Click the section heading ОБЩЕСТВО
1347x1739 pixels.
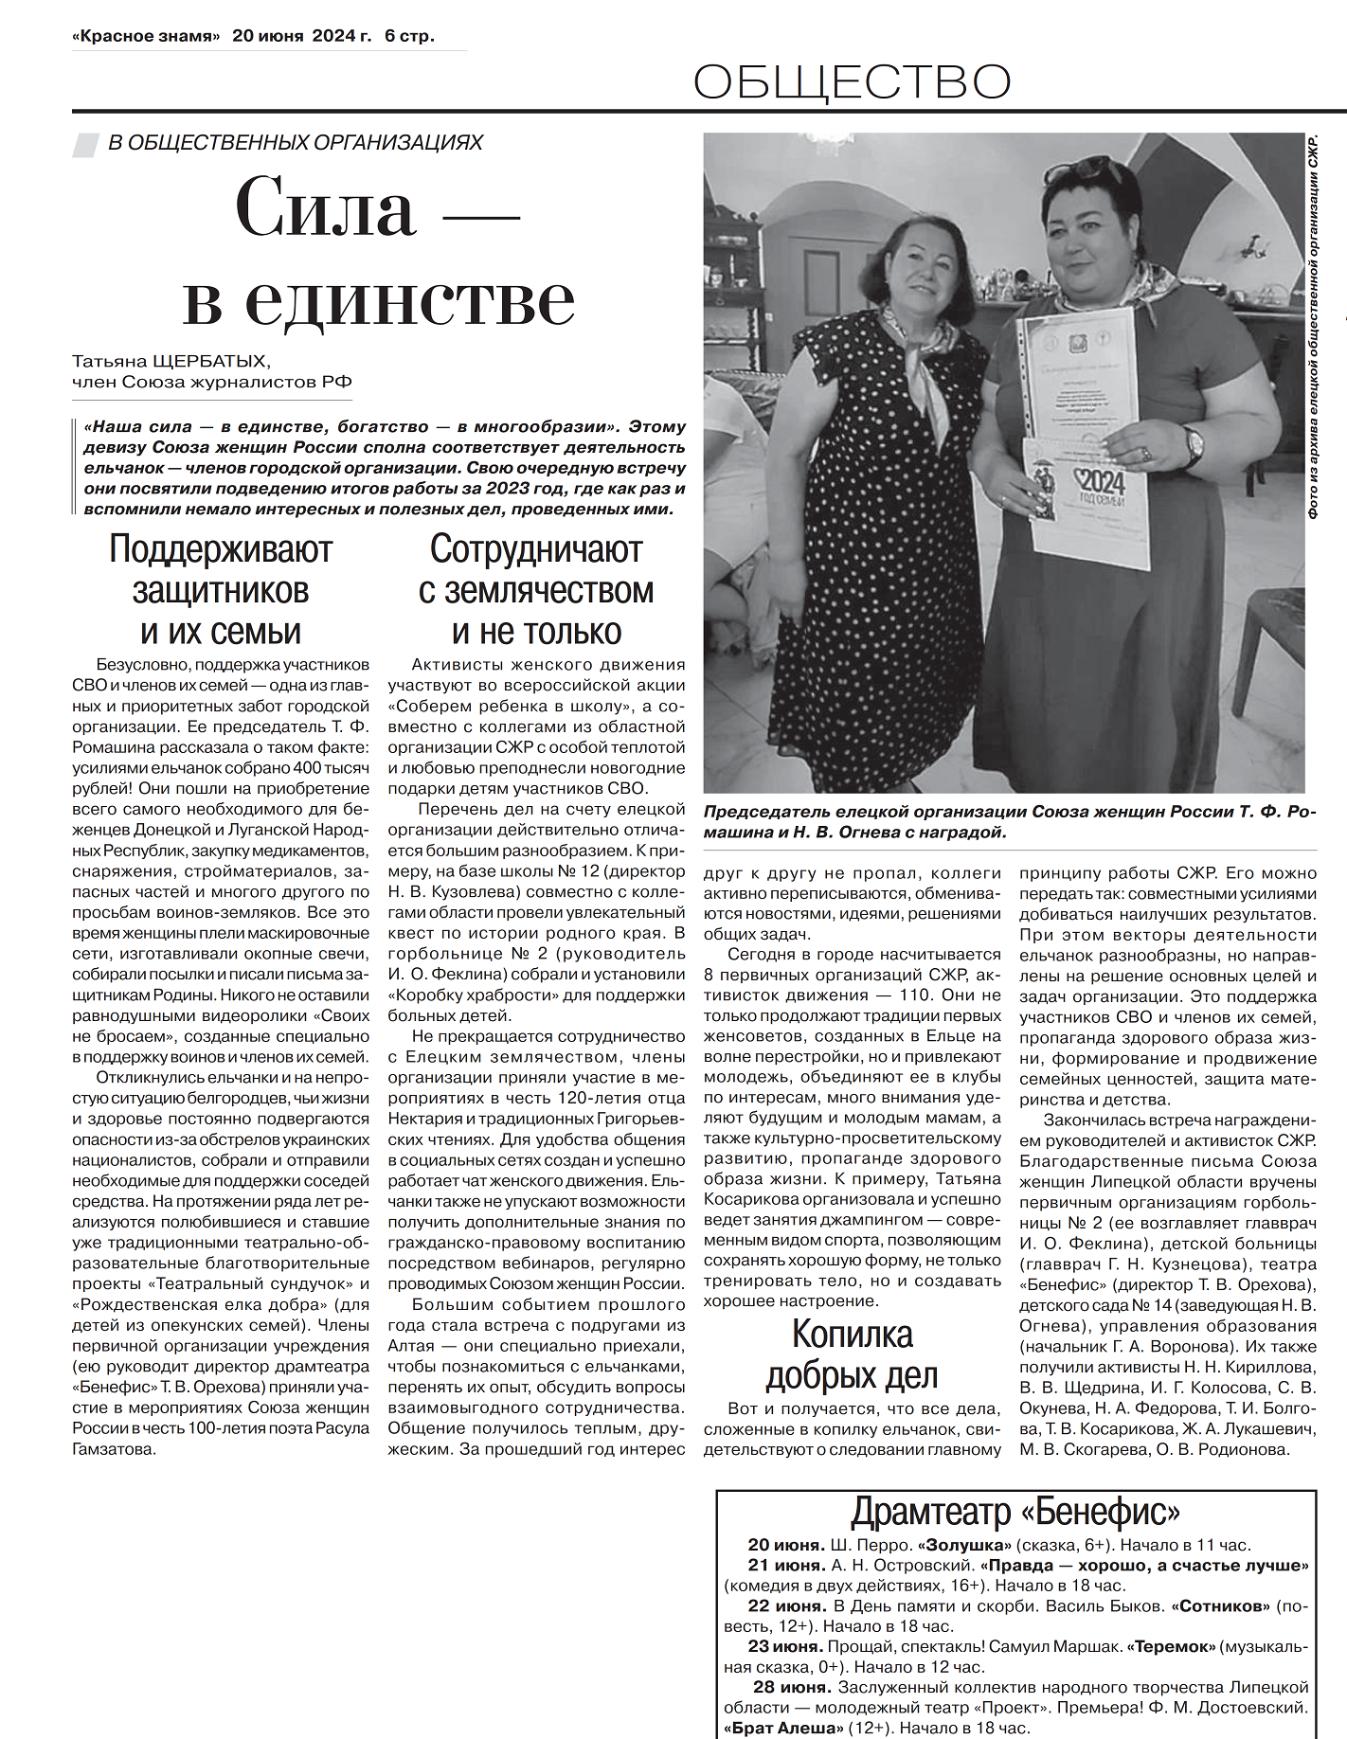[x=852, y=82]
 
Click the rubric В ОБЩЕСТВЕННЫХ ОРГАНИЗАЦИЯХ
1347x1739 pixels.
[x=296, y=142]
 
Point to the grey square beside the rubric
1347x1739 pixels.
[x=85, y=143]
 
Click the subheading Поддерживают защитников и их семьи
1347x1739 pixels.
[x=221, y=590]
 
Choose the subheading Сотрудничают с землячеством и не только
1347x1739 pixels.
[x=536, y=590]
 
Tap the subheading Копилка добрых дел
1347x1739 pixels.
[x=852, y=1354]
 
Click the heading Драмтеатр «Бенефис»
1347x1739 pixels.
[x=1015, y=1511]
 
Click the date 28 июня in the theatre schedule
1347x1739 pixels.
[x=792, y=1687]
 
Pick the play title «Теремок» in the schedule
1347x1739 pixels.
[x=1171, y=1646]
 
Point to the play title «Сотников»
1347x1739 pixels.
[x=1221, y=1605]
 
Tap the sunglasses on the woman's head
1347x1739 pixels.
[x=1083, y=169]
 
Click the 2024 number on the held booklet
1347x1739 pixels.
[x=1102, y=479]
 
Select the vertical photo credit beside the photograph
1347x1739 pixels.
[x=1313, y=327]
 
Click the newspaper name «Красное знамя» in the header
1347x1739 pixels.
[x=146, y=36]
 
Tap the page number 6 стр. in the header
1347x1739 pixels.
[x=409, y=36]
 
